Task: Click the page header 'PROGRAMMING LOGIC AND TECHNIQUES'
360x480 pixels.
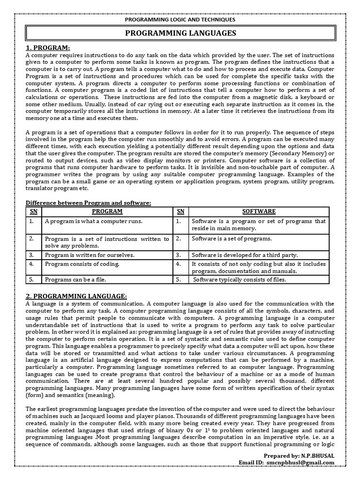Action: pyautogui.click(x=180, y=20)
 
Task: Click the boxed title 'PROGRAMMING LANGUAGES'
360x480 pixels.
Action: pyautogui.click(x=180, y=33)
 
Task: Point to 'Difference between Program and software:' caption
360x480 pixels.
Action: pyautogui.click(x=89, y=202)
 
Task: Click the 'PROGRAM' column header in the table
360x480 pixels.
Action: pyautogui.click(x=107, y=211)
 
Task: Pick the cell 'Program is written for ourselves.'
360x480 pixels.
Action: pyautogui.click(x=90, y=255)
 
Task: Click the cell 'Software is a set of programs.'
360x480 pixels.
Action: pyautogui.click(x=232, y=239)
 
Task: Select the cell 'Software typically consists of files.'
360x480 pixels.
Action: pyautogui.click(x=240, y=280)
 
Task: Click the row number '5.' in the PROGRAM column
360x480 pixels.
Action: pyautogui.click(x=31, y=280)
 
